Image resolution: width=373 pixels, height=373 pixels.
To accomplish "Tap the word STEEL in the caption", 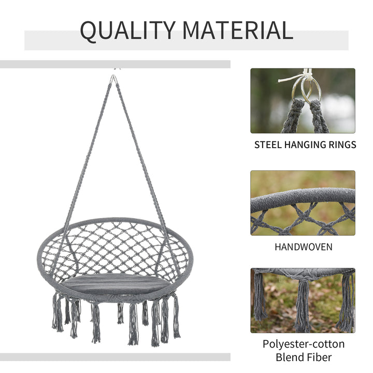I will (268, 145).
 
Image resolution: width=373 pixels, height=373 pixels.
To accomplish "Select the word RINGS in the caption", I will (340, 145).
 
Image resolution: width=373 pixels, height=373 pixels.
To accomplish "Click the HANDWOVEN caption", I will (303, 247).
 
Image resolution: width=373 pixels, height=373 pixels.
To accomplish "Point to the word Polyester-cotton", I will (303, 344).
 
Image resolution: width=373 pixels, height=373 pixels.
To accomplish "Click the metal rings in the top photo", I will (306, 90).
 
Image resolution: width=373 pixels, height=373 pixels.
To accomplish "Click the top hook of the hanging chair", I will (113, 79).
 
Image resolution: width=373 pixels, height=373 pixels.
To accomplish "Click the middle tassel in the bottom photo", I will (303, 306).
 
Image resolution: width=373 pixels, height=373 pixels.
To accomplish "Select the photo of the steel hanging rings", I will (303, 101).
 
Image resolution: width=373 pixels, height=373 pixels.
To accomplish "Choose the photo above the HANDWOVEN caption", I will (303, 203).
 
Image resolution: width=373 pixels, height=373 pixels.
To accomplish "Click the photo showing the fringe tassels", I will (303, 300).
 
